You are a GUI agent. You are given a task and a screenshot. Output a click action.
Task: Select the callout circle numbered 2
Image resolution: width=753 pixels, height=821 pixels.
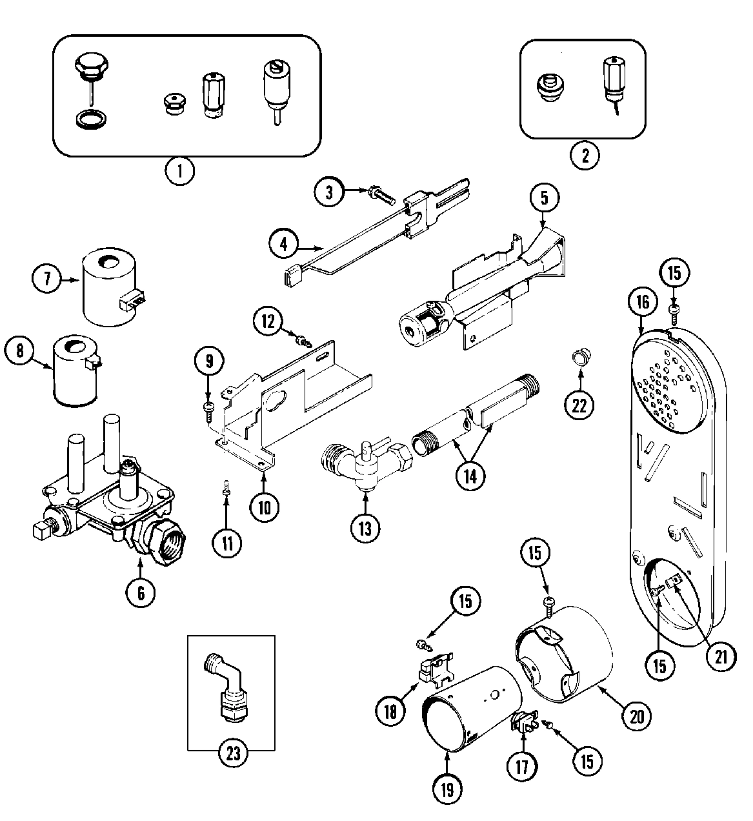click(584, 155)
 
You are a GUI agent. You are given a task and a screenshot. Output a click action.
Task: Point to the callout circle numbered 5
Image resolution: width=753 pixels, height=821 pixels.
click(544, 198)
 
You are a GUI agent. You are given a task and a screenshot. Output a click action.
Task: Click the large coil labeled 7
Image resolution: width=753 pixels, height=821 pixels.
click(109, 286)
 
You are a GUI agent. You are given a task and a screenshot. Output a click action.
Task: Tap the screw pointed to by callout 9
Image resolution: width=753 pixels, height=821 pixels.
click(209, 407)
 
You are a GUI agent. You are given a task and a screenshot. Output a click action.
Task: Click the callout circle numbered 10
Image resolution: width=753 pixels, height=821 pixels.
click(265, 505)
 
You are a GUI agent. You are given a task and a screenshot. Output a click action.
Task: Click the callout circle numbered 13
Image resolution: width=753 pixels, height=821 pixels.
click(365, 527)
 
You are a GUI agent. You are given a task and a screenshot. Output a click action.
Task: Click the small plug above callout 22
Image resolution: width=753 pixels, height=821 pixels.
click(580, 356)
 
